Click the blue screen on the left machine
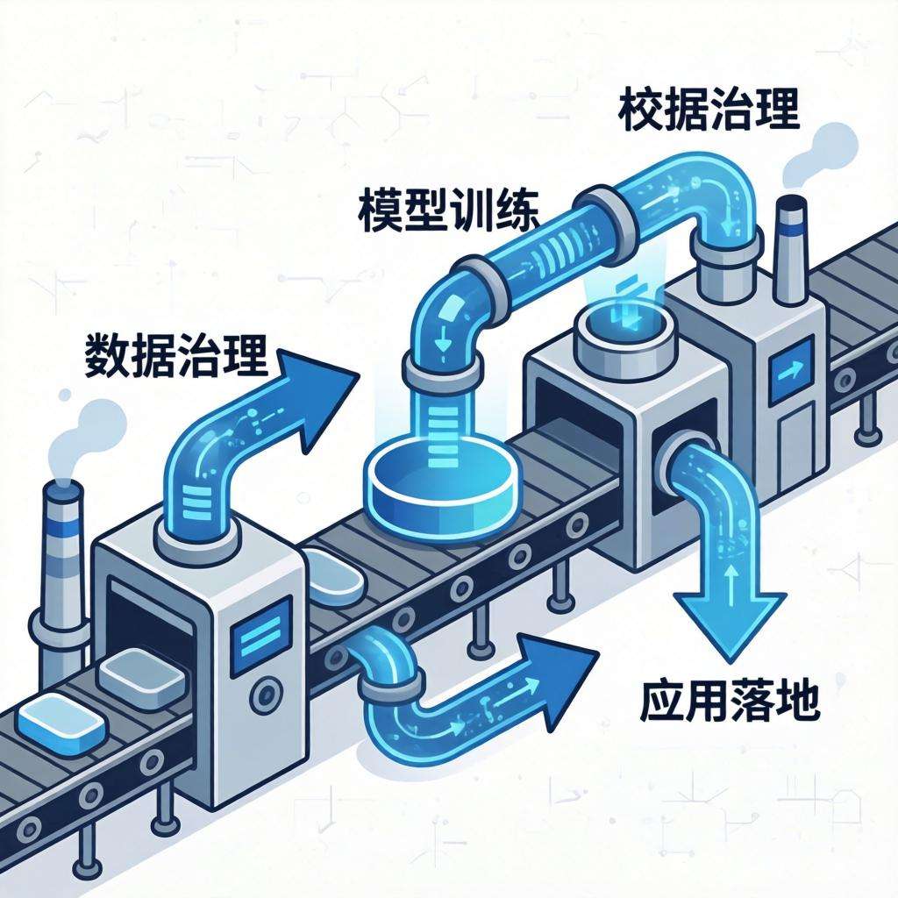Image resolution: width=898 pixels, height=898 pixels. (x=259, y=632)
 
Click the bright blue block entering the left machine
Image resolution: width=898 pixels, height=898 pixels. (x=62, y=719)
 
